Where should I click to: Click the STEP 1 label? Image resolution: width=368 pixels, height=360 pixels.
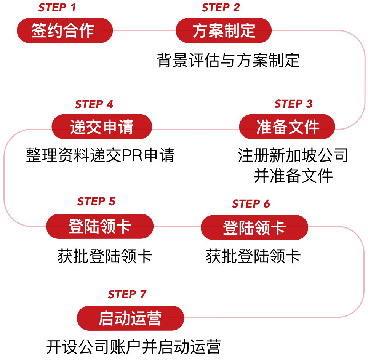[57, 8]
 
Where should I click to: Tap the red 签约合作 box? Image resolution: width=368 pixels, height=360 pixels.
[65, 30]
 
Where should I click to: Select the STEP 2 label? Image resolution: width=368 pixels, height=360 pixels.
[221, 8]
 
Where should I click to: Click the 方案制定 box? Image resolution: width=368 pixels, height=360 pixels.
[224, 30]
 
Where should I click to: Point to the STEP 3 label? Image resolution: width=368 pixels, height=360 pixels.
[293, 104]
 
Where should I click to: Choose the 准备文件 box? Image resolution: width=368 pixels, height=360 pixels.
[287, 127]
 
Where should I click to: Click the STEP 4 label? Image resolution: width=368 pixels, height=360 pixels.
[94, 104]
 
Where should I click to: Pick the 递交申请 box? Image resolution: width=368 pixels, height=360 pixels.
[102, 127]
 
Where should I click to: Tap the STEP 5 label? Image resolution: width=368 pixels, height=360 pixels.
[96, 202]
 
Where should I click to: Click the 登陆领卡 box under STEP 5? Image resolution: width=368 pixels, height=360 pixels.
[100, 226]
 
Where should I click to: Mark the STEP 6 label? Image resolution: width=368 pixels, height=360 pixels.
[251, 204]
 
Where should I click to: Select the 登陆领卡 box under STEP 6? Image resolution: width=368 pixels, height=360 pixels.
[254, 227]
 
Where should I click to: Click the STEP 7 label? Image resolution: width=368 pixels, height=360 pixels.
[127, 294]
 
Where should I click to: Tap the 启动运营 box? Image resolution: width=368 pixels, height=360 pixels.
[130, 318]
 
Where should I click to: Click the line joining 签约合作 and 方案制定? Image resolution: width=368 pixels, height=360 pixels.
[144, 30]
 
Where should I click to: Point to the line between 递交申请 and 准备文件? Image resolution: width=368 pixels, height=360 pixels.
[195, 129]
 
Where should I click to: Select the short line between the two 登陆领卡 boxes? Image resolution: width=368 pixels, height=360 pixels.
[177, 226]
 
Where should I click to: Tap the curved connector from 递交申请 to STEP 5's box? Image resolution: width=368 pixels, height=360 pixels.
[4, 177]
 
